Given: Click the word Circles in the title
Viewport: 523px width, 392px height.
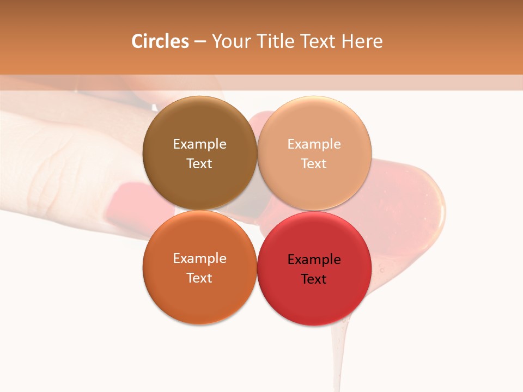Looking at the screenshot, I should coord(160,41).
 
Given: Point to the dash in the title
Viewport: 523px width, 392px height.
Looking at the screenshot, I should coord(200,42).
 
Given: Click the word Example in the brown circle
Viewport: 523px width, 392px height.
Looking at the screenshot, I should coord(199,144).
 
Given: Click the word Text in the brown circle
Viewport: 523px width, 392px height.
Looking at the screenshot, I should coord(199,164).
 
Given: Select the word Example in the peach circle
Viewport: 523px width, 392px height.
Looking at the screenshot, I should coord(314,144).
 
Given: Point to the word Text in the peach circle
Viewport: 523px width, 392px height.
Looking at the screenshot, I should coord(314,164).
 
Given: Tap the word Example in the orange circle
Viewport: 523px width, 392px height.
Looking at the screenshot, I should coord(199,259).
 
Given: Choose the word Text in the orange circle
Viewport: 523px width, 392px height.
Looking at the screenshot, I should coord(199,278).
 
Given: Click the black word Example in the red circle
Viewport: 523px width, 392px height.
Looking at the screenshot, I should coord(314,260).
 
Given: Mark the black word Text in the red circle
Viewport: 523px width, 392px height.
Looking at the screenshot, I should coord(314,279).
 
